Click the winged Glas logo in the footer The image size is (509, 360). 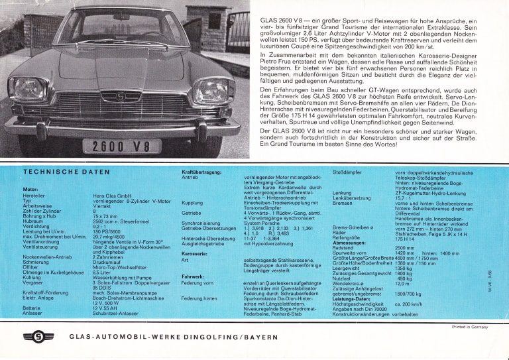(38, 336)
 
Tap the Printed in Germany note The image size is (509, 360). (469, 327)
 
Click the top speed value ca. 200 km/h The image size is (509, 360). (410, 304)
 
